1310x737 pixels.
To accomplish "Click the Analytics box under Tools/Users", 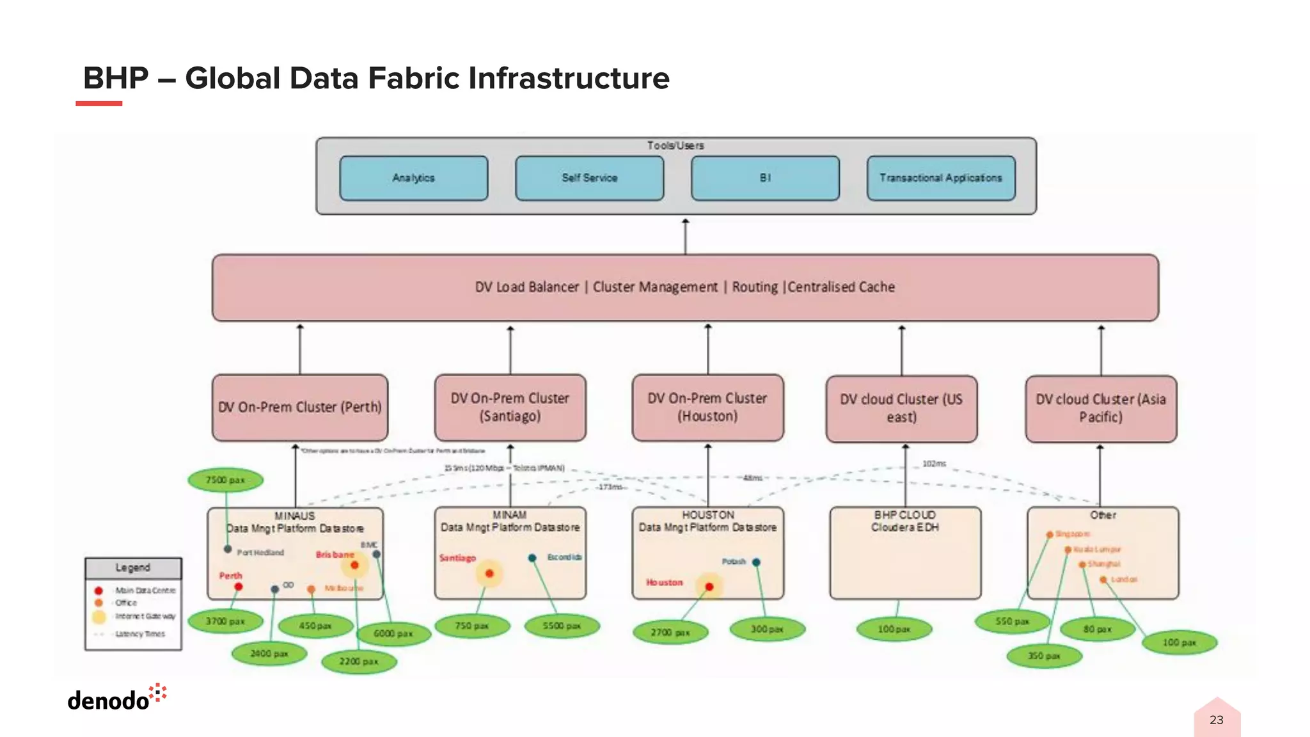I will coord(413,178).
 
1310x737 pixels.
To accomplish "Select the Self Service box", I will coord(589,178).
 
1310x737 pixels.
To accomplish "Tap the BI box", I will coord(765,178).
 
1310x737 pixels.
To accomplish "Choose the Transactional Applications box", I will coord(940,178).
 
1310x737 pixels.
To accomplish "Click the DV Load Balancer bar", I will coord(684,287).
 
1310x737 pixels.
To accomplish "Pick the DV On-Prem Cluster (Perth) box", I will coord(300,408).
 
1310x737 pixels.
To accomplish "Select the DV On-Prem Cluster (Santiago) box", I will coord(510,408).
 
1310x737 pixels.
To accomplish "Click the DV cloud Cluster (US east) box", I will coord(901,408).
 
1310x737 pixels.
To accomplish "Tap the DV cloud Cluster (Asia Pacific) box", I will coord(1100,408).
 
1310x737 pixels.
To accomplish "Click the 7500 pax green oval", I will coord(225,480).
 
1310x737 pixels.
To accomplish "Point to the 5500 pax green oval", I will coord(562,626).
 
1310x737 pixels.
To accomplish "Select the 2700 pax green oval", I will coord(670,632).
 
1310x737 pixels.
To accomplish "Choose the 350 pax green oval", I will coord(1044,656).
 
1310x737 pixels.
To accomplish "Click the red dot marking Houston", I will coord(709,587).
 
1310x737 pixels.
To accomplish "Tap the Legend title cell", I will coord(133,567).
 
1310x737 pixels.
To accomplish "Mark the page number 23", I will coord(1216,720).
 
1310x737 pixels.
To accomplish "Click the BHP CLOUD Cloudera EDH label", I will coord(904,521).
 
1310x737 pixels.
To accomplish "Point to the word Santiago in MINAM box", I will coord(457,558).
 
